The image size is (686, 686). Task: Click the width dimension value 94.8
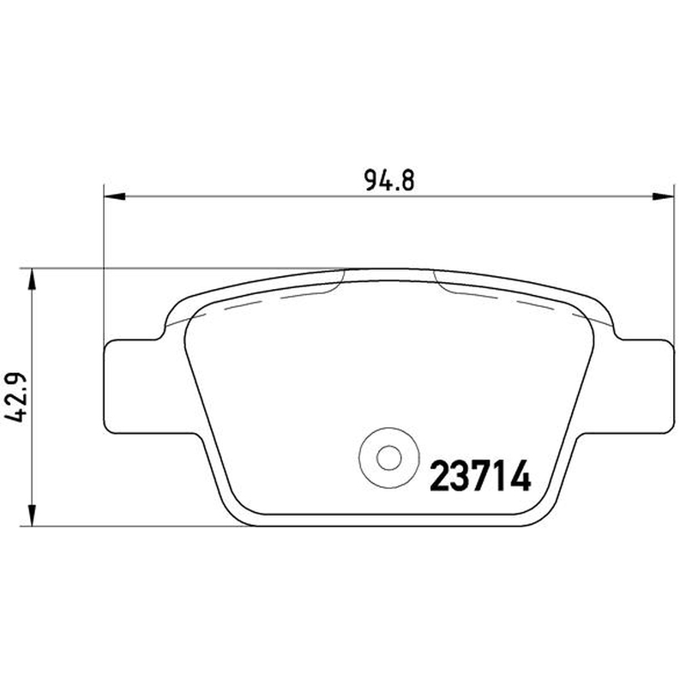[x=389, y=180]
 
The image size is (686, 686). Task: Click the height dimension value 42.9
[x=15, y=398]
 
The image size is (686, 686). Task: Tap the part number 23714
[x=480, y=477]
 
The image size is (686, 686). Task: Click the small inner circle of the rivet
[x=389, y=458]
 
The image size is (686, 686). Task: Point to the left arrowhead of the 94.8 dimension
[x=115, y=197]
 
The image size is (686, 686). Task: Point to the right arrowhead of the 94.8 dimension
[x=663, y=197]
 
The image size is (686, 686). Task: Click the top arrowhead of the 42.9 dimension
[x=32, y=280]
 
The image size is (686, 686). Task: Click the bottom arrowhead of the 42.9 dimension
[x=32, y=514]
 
